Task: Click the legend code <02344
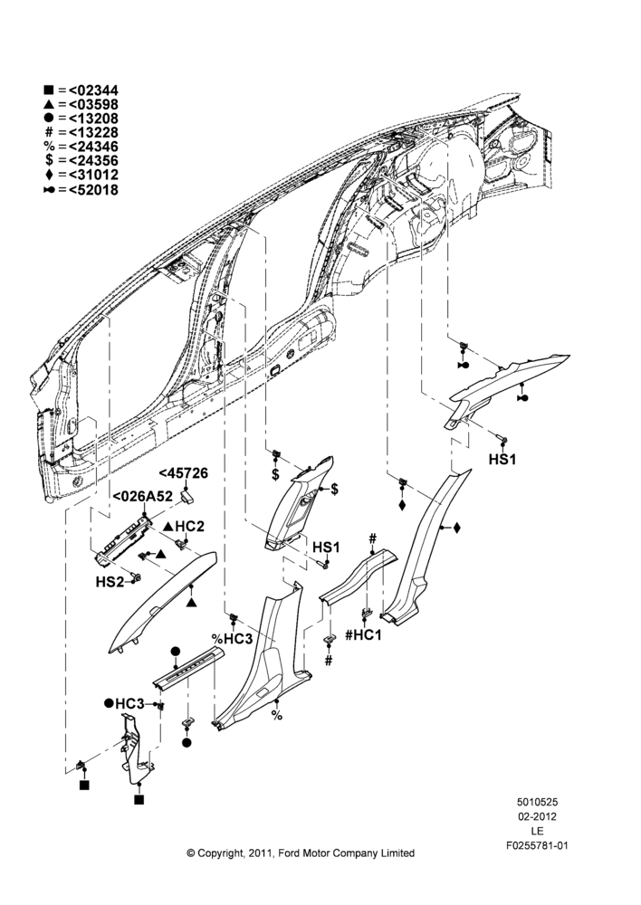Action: (93, 90)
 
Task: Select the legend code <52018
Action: (93, 189)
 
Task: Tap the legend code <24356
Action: (93, 161)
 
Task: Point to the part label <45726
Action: (184, 473)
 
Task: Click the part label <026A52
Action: (142, 497)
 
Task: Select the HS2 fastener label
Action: (110, 582)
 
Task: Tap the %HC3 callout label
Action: (232, 639)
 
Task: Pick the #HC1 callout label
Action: (363, 635)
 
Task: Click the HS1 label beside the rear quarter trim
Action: (502, 460)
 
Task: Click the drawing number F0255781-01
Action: (537, 845)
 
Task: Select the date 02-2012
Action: (537, 816)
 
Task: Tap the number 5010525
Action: (537, 802)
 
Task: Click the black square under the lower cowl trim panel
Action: (139, 799)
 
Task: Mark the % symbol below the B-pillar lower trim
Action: (277, 716)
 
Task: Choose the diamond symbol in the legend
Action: (49, 175)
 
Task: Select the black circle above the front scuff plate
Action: (176, 652)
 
